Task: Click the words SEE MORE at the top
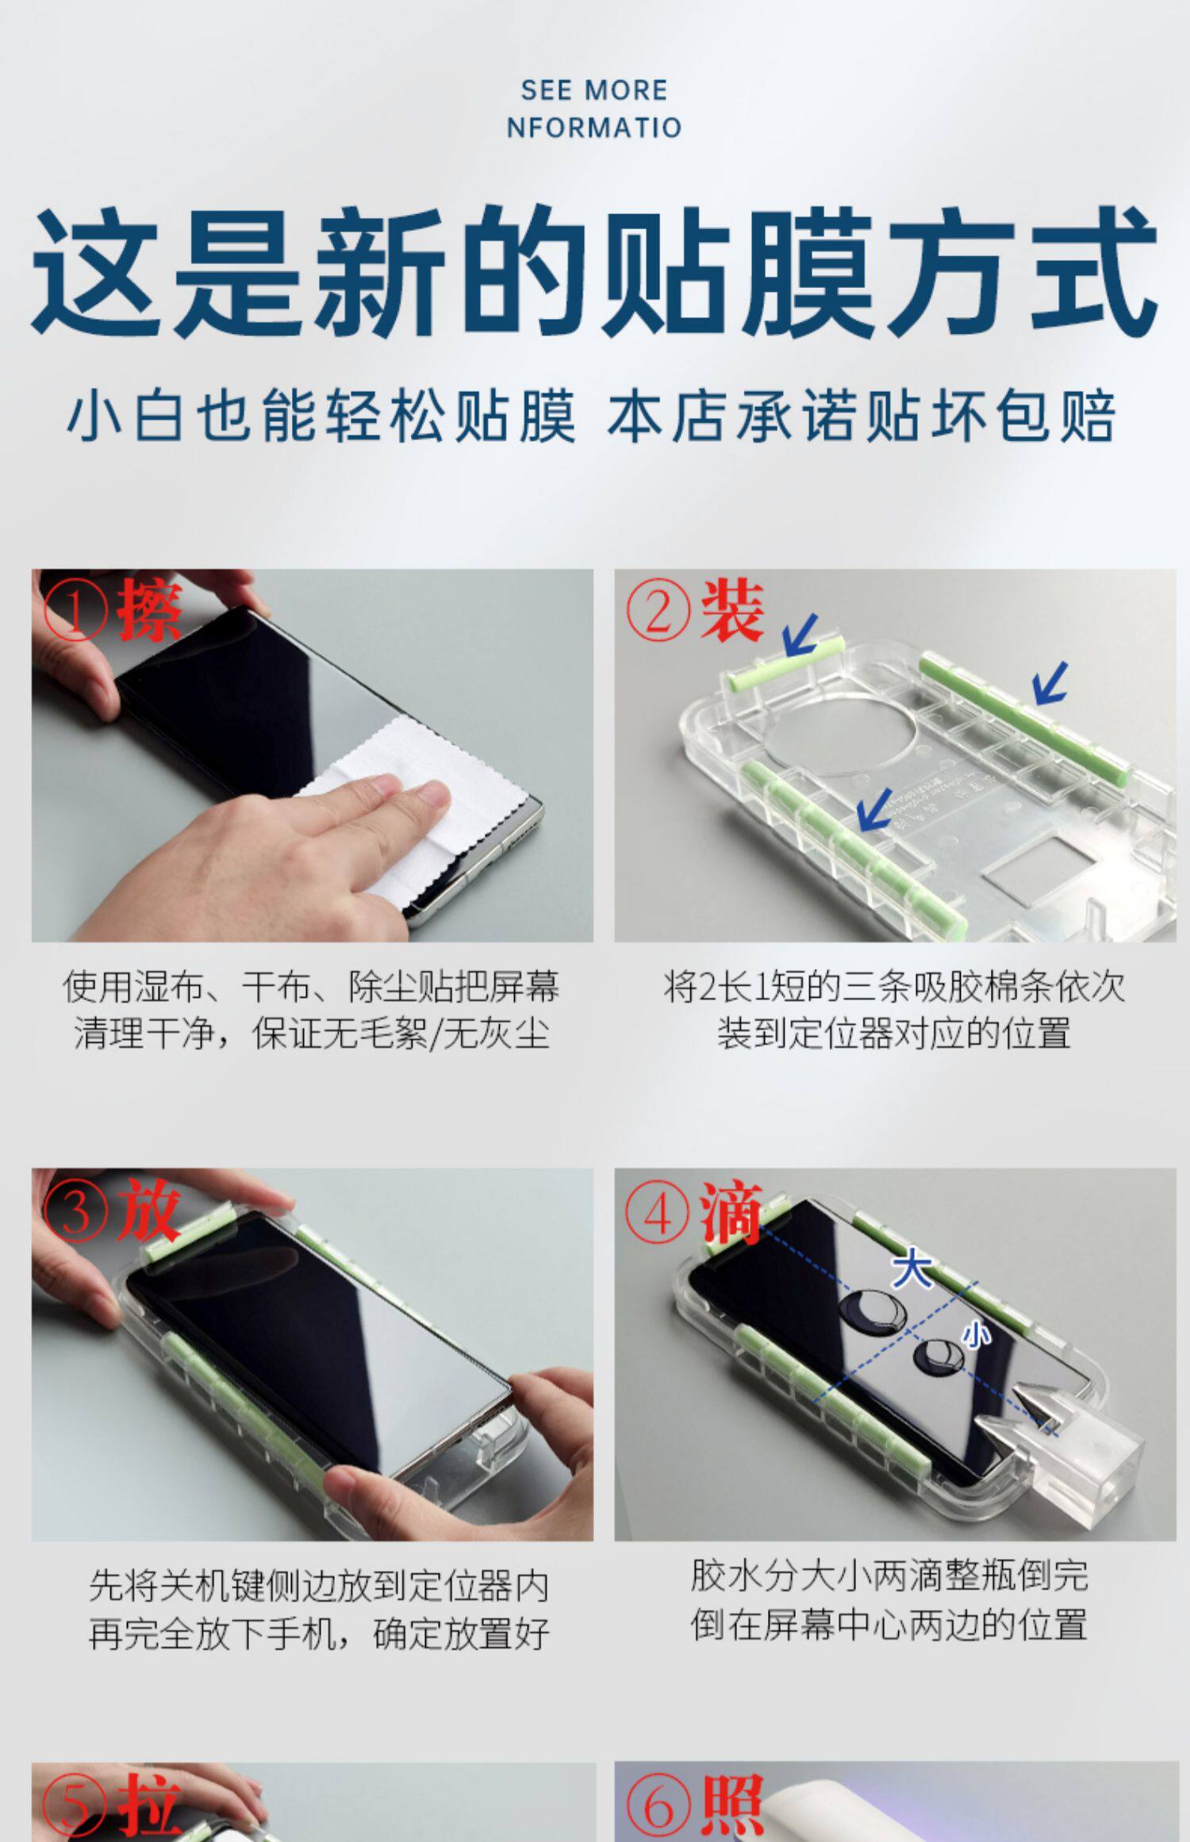594,90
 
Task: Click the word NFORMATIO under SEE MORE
594,128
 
